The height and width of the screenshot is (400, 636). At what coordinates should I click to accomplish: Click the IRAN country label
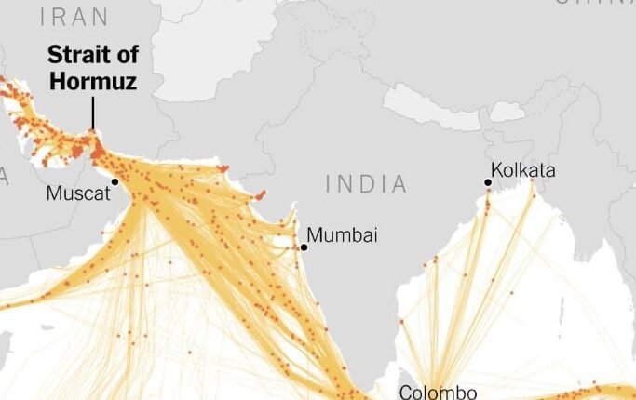(75, 17)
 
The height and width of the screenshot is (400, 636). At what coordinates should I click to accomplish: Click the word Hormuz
(92, 82)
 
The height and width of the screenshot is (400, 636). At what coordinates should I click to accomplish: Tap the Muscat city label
(77, 194)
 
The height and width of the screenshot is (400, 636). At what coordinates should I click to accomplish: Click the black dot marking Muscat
(115, 182)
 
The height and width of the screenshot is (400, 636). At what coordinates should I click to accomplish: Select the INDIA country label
(367, 184)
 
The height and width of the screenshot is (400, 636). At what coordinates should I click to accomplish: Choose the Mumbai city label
(343, 235)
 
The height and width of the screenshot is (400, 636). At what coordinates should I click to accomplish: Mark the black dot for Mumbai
(304, 247)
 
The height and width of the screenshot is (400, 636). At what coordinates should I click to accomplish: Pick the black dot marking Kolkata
(488, 183)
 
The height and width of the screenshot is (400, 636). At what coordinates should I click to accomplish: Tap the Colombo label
(438, 392)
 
